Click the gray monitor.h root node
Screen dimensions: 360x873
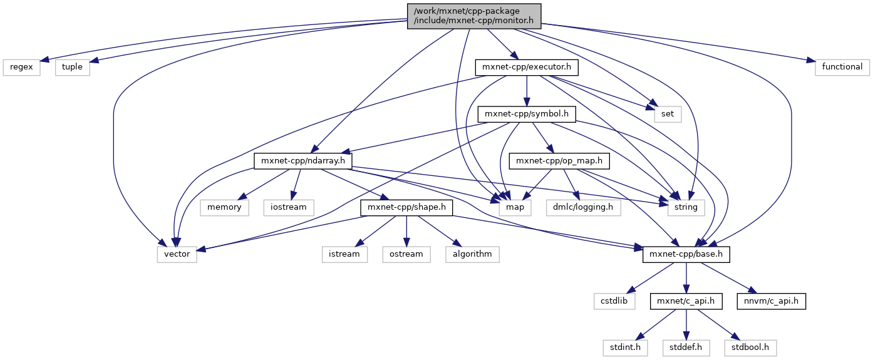click(x=473, y=16)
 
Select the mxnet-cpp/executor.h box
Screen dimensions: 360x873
click(x=526, y=66)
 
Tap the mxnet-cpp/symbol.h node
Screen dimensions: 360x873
click(x=527, y=114)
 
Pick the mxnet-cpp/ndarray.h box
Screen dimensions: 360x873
click(x=303, y=161)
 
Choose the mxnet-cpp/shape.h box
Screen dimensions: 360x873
click(x=406, y=207)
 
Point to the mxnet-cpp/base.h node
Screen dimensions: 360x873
click(x=686, y=254)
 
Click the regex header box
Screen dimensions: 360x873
click(x=22, y=66)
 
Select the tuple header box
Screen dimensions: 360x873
click(x=72, y=66)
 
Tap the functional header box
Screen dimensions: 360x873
click(x=842, y=66)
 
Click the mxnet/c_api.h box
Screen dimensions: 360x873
click(x=686, y=301)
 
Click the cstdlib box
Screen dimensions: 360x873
click(x=614, y=301)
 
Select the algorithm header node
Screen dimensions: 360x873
click(x=472, y=254)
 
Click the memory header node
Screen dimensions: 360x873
click(x=224, y=207)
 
